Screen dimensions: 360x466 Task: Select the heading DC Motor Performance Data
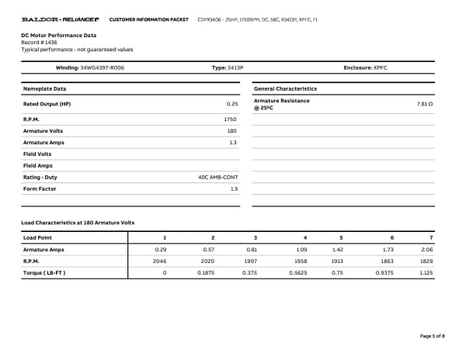click(x=58, y=35)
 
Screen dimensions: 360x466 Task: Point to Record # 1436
click(x=39, y=42)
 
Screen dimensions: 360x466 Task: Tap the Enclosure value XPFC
click(x=380, y=68)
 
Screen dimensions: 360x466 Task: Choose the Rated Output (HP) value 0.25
click(x=231, y=103)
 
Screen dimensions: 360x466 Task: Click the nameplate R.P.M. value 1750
click(x=230, y=119)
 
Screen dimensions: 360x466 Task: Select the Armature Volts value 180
click(x=231, y=131)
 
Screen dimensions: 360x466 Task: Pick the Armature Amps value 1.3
click(x=233, y=143)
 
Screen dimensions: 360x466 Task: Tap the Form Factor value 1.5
click(x=233, y=189)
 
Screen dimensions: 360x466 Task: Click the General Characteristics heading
click(x=285, y=88)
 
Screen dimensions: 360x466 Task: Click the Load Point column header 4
click(x=305, y=237)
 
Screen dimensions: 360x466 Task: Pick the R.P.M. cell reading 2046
click(x=159, y=261)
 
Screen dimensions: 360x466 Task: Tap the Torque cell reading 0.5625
click(x=298, y=273)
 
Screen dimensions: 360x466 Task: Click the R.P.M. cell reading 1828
click(x=426, y=261)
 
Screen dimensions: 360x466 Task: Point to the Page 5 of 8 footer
click(x=432, y=336)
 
